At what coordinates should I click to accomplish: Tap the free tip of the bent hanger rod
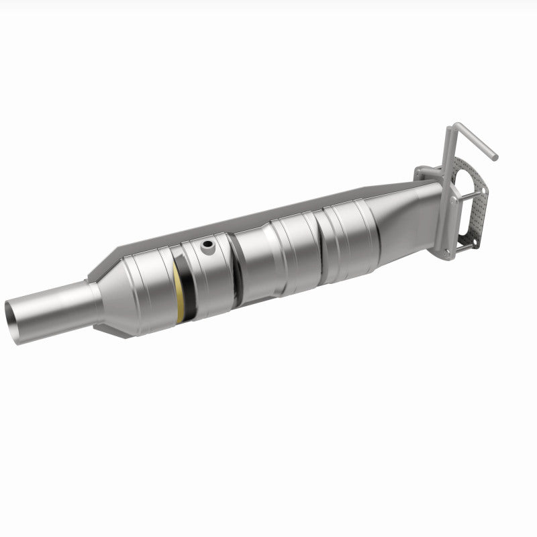pyautogui.click(x=495, y=157)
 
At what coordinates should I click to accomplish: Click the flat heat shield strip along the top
pyautogui.click(x=268, y=210)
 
